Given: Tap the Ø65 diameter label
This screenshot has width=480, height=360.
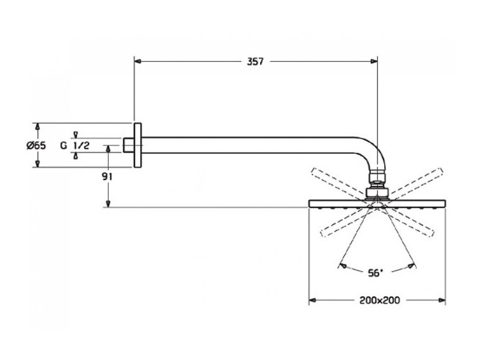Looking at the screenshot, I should tap(36, 145).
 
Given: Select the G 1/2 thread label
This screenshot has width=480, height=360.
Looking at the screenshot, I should tap(75, 145).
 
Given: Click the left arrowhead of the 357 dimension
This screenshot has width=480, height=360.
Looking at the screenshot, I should tap(137, 61).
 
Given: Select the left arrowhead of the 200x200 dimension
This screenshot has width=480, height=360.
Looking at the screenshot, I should tap(312, 300).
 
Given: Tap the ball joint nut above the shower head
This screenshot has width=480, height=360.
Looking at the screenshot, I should tap(377, 193).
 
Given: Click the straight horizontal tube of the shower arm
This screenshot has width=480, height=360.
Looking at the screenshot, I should tap(248, 145).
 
